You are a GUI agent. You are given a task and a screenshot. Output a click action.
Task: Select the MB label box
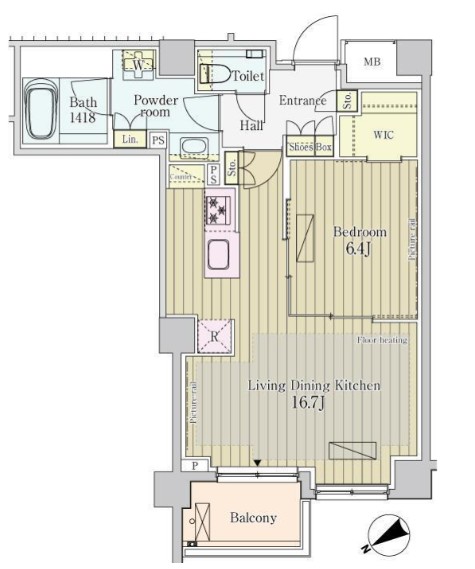coord(371,62)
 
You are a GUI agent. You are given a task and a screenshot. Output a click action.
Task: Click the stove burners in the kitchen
coord(219,210)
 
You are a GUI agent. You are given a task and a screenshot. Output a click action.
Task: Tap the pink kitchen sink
coord(220,255)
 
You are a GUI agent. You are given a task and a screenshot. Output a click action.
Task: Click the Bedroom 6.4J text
coord(359,240)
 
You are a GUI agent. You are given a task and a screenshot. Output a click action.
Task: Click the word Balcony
coord(255,518)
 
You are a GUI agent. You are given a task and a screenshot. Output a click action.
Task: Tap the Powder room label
coord(156,106)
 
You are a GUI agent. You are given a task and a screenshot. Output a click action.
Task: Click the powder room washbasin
coord(192,147)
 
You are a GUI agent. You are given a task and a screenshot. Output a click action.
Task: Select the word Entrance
coord(302,101)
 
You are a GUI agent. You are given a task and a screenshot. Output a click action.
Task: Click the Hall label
coord(251,126)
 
